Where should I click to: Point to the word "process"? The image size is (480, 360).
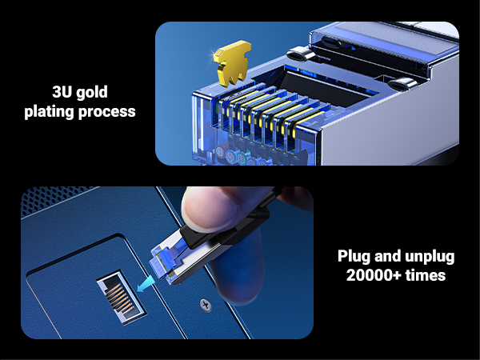pyautogui.click(x=108, y=111)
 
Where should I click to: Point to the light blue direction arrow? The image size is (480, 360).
pyautogui.click(x=145, y=282)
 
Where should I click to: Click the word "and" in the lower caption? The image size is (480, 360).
pyautogui.click(x=389, y=257)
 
